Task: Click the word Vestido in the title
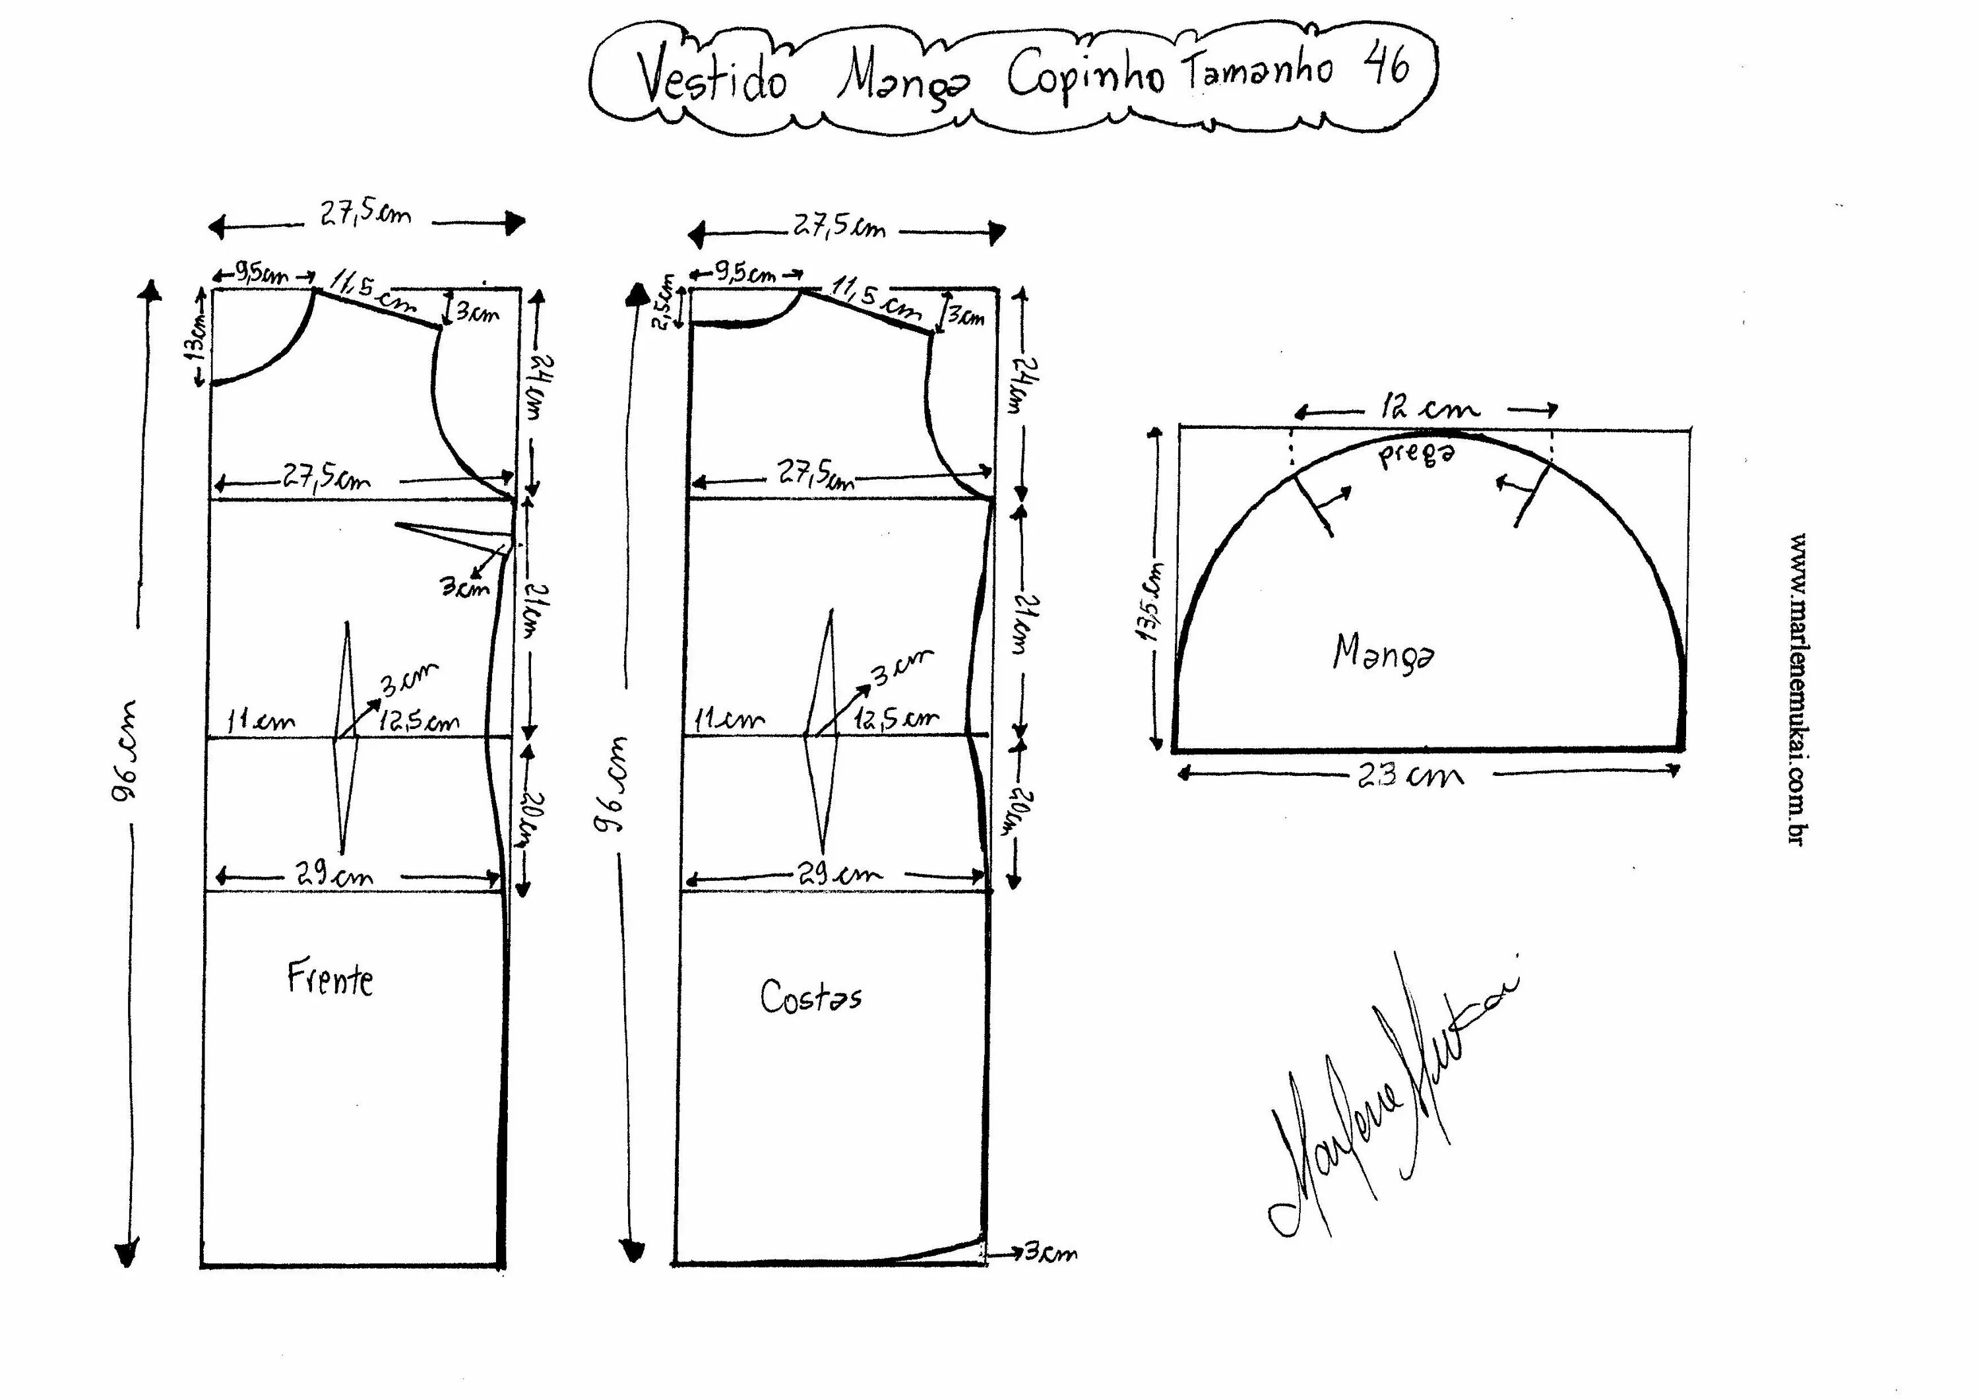(x=712, y=79)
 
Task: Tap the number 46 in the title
(x=1387, y=64)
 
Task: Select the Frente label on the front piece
(x=330, y=979)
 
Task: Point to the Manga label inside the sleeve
(x=1383, y=652)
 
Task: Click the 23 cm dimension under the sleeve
(x=1410, y=776)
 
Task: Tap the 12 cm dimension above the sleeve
(x=1430, y=407)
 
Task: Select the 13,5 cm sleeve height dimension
(x=1152, y=601)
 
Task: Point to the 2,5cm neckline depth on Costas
(x=664, y=302)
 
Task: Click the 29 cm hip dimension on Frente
(x=335, y=876)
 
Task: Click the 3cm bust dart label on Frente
(x=466, y=587)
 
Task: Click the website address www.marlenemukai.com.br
(x=1797, y=689)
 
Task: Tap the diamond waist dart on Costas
(x=821, y=734)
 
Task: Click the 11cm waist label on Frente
(x=261, y=720)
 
